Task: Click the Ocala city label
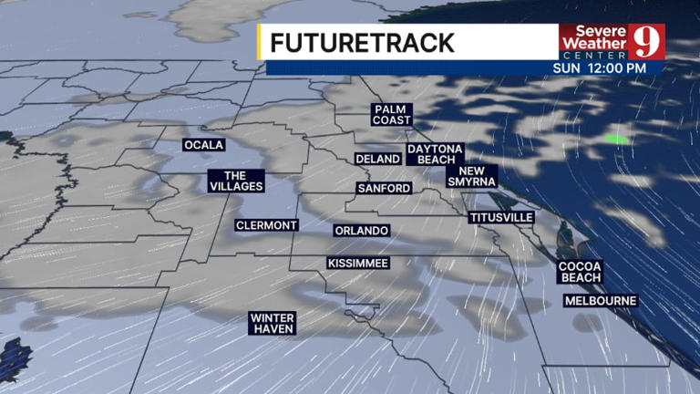click(x=203, y=145)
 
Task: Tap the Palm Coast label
click(x=392, y=114)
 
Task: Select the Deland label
click(x=377, y=159)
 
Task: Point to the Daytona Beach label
click(x=436, y=153)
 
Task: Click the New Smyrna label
click(x=471, y=176)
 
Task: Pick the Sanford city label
click(x=384, y=188)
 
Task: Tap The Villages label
click(x=236, y=181)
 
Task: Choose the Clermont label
click(x=266, y=225)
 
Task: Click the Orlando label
click(x=362, y=231)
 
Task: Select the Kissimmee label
click(x=358, y=264)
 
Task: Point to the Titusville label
click(x=500, y=217)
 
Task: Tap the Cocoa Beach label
click(x=581, y=271)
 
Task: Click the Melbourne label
click(x=601, y=300)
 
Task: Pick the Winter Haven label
click(x=272, y=323)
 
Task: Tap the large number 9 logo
click(x=646, y=41)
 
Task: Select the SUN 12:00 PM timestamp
click(x=599, y=68)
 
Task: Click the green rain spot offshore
click(x=617, y=139)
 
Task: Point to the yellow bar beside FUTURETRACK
click(x=261, y=42)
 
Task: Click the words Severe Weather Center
click(x=593, y=42)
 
